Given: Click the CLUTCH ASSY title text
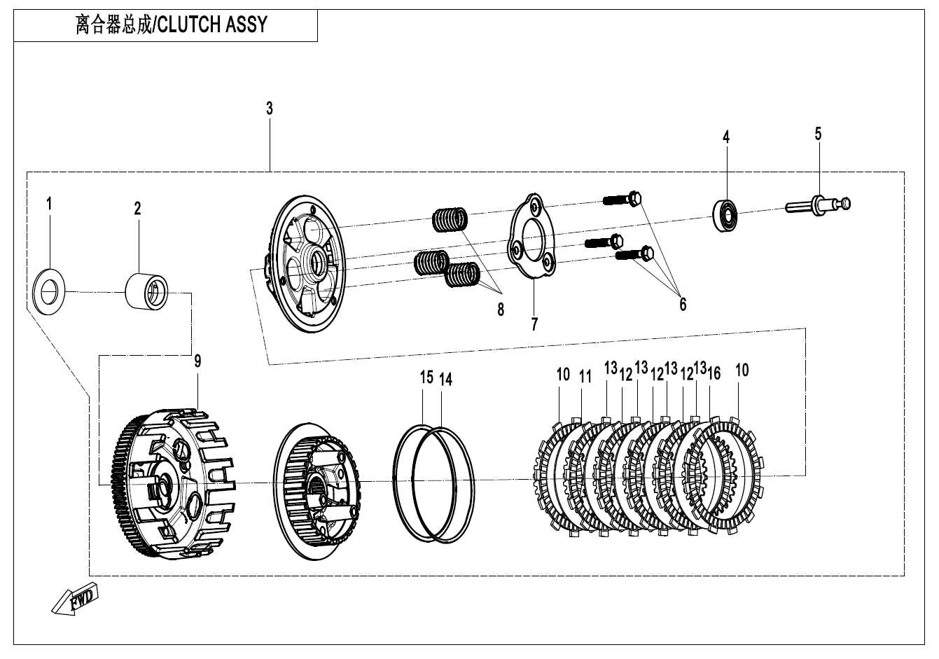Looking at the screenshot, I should click(172, 25).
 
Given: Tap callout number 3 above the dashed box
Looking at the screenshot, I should click(270, 109).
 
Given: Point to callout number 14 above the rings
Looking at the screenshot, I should click(445, 379).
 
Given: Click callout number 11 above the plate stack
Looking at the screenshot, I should click(585, 376).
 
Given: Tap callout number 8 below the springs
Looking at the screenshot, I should click(500, 311).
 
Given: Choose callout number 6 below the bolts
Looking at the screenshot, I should click(682, 304).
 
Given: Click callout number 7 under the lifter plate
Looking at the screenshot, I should click(534, 325).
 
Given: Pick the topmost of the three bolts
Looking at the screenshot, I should click(623, 199).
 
